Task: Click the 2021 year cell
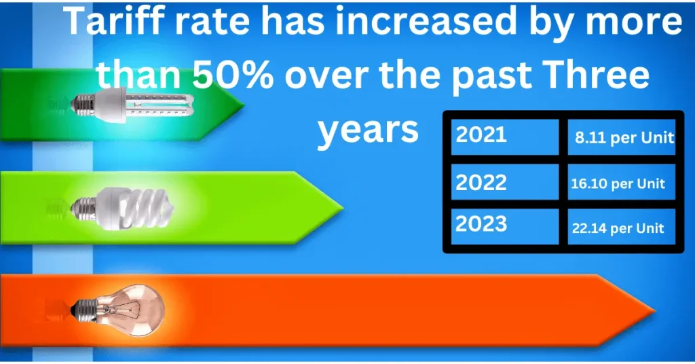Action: (x=505, y=137)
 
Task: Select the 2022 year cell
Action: (x=505, y=182)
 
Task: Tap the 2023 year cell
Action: (x=505, y=226)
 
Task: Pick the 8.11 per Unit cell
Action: (x=622, y=137)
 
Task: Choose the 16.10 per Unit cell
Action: (x=622, y=182)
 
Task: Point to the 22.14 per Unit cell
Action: (x=622, y=226)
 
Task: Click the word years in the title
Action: (x=368, y=130)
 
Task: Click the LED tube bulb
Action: (x=132, y=105)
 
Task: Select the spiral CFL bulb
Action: (x=122, y=208)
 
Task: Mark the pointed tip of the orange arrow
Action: (x=654, y=310)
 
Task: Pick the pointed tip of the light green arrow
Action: (x=343, y=208)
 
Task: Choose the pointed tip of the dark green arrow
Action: (x=244, y=105)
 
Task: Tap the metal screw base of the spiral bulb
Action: (x=83, y=208)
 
